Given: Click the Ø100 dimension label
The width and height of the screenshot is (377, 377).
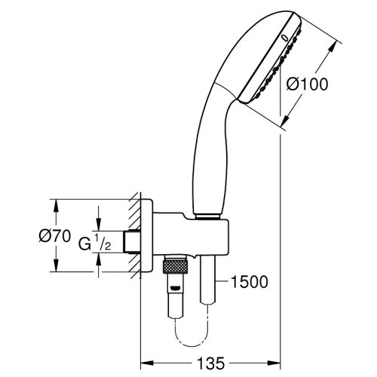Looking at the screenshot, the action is (x=307, y=84).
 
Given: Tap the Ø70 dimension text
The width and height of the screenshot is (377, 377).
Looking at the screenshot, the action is (x=55, y=236).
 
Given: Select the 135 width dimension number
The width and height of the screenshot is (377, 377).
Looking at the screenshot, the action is (x=210, y=363).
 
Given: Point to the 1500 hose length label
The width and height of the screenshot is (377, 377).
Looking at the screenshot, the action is (x=250, y=282).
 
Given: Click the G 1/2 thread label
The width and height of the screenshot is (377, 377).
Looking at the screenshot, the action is (x=94, y=242).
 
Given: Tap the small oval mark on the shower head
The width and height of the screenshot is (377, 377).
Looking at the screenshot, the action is (x=284, y=38).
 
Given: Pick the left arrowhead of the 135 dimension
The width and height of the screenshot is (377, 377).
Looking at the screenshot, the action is (x=147, y=363).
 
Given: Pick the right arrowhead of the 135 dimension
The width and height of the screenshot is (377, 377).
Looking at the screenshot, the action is (x=274, y=363).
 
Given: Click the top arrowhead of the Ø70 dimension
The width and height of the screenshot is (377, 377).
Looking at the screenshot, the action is (x=56, y=206).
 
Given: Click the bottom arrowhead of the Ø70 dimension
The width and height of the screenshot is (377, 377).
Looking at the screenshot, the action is (x=56, y=265).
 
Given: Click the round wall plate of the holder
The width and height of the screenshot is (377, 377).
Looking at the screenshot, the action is (x=146, y=235).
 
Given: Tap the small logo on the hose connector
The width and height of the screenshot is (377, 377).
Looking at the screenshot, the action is (x=175, y=288).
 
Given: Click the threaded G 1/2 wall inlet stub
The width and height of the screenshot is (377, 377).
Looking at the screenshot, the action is (x=132, y=241).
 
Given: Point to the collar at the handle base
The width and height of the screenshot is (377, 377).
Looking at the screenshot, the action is (x=208, y=217).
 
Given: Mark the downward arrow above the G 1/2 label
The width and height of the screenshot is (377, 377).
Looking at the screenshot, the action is (x=98, y=218).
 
